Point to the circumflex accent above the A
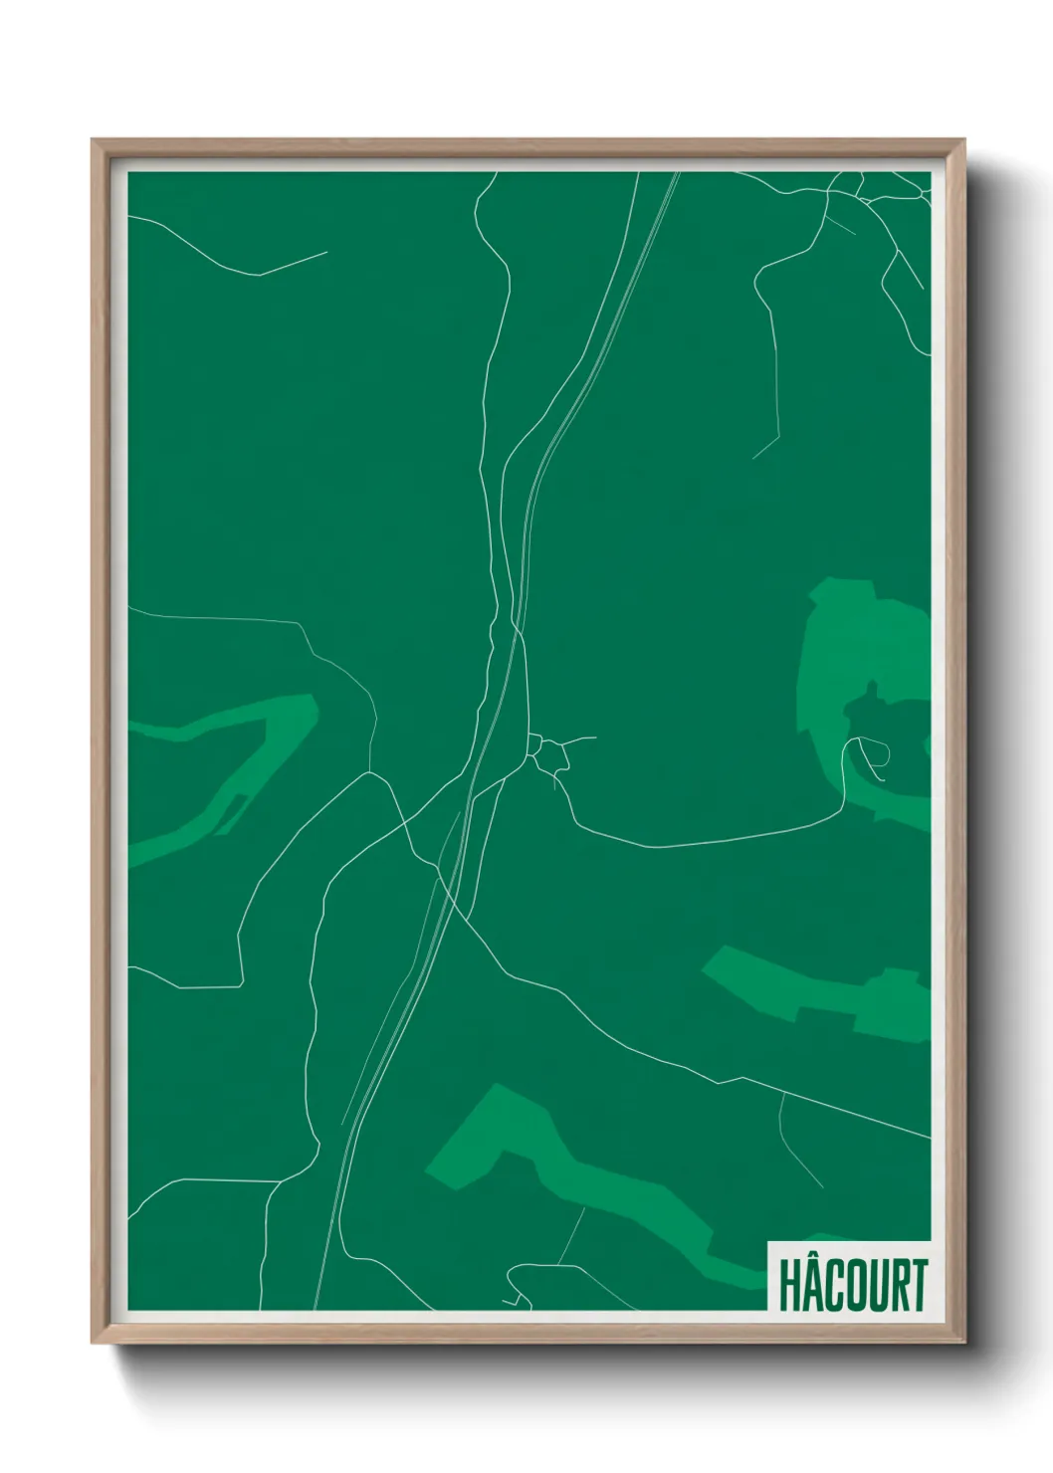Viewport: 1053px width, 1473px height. pyautogui.click(x=812, y=1258)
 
